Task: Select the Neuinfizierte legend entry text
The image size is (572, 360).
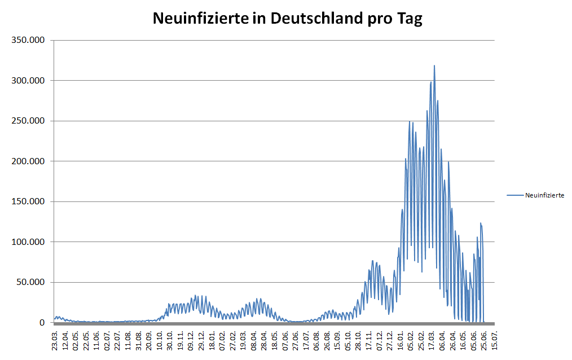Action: [544, 195]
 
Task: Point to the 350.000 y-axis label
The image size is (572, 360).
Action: [28, 41]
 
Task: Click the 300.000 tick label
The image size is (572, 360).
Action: [28, 81]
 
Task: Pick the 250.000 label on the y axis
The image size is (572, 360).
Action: [28, 121]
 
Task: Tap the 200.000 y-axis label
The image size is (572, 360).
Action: [28, 161]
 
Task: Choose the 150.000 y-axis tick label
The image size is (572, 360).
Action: [28, 201]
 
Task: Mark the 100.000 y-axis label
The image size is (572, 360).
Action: [28, 242]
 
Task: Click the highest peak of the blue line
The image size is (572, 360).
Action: [434, 66]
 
